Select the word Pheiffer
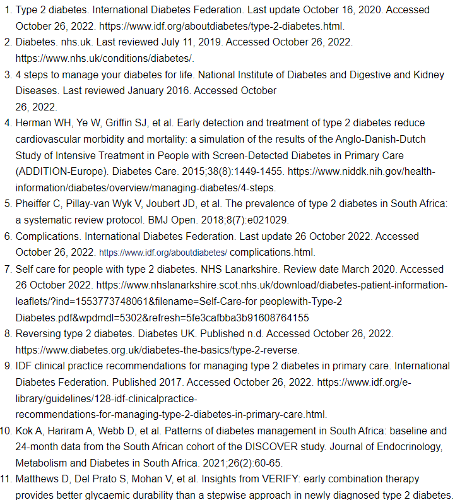(x=35, y=203)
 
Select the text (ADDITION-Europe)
(x=56, y=171)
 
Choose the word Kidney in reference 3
(x=430, y=74)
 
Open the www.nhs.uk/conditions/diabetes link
(x=104, y=58)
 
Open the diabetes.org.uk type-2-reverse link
(x=157, y=349)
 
